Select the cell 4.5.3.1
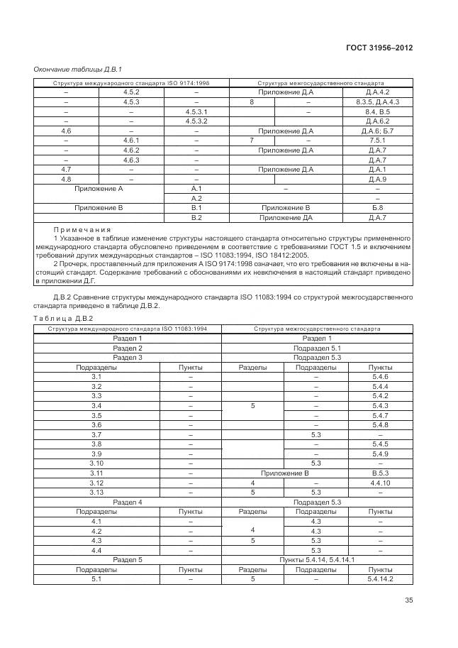tap(196, 112)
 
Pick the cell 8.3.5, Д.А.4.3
tap(378, 102)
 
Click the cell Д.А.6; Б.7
tap(378, 131)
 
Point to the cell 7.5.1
tap(378, 141)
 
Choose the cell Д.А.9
tap(378, 180)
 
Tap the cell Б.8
tap(378, 208)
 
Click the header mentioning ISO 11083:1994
tap(128, 329)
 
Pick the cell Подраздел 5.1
tap(317, 348)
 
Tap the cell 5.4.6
tap(380, 376)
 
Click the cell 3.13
tap(97, 492)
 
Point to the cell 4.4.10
tap(380, 483)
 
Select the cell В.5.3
tap(380, 473)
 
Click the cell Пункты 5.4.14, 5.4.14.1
tap(317, 560)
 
